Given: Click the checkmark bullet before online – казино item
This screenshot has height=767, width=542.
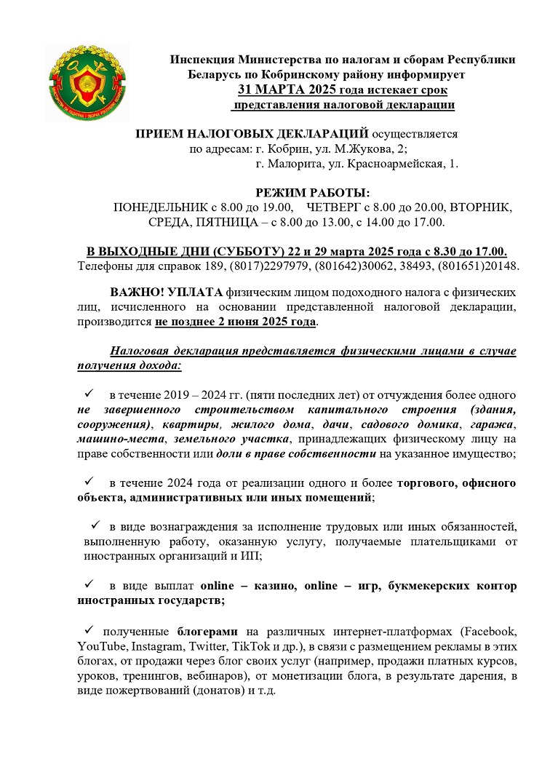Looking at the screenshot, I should [x=89, y=585].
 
